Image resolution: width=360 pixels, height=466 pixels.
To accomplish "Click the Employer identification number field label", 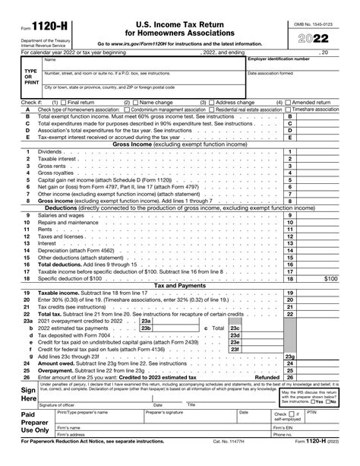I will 279,59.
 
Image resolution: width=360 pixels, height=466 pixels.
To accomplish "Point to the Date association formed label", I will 271,74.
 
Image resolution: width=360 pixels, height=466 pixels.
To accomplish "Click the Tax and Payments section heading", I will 180,285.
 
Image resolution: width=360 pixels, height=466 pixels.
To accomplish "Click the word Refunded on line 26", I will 266,376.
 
